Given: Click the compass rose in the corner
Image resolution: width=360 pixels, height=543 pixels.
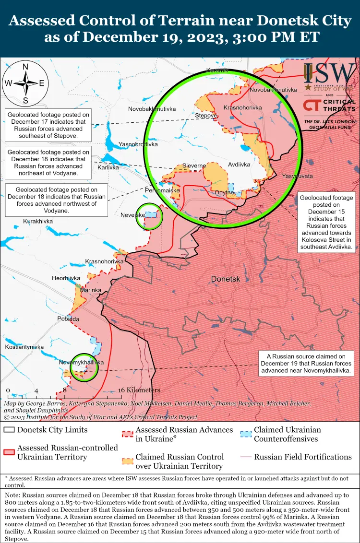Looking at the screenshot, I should [x=25, y=83].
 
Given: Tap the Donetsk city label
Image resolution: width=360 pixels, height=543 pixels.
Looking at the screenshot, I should [x=226, y=279].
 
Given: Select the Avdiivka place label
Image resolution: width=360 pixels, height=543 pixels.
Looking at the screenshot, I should [x=239, y=164].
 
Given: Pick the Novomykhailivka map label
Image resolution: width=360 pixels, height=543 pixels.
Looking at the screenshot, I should [x=81, y=362].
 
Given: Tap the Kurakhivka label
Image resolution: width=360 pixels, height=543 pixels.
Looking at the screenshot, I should [x=38, y=221].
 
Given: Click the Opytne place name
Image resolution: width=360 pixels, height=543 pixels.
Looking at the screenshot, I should [x=224, y=192].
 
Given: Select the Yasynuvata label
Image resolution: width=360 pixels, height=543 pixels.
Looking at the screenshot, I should [x=297, y=176].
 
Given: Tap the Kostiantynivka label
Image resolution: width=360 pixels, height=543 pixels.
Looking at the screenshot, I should [x=24, y=346].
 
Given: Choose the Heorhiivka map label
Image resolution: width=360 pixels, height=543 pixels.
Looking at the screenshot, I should [x=66, y=278].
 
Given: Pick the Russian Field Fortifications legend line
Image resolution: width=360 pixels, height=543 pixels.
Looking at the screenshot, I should [x=246, y=457].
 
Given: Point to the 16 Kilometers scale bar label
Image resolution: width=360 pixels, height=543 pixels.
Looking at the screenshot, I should [x=139, y=390].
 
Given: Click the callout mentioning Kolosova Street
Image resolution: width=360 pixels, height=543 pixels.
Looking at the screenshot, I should [x=326, y=223].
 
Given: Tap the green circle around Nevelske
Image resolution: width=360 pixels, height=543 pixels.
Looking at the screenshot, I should [x=149, y=217].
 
